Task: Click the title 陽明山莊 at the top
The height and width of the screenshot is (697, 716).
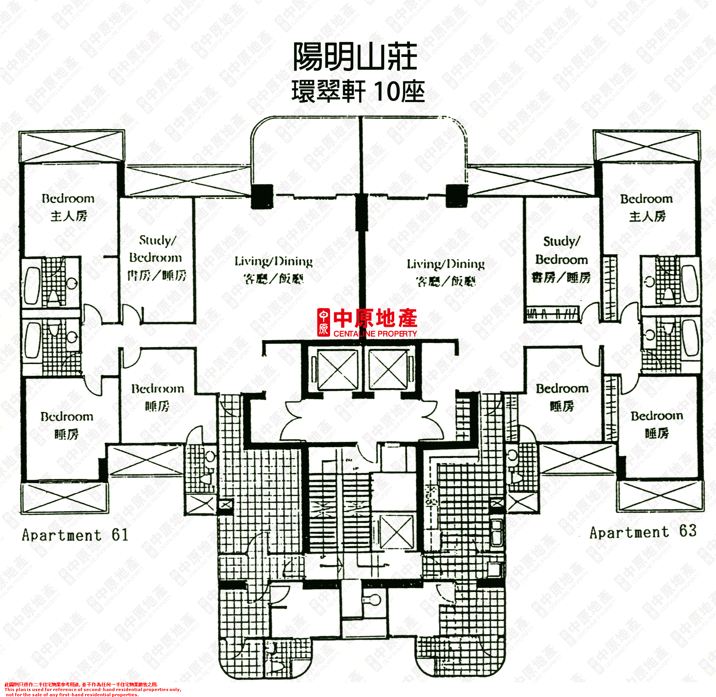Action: pos(355,57)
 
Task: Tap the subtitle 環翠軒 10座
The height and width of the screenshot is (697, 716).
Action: pos(358,92)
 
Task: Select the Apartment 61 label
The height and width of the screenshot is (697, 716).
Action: pos(75,535)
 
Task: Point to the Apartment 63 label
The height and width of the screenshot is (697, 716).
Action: pos(643,532)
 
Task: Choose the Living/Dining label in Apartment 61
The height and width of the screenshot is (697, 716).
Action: pos(273,269)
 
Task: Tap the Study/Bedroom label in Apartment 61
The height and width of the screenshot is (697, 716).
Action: pos(157,258)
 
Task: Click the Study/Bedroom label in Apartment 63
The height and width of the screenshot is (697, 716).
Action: pos(561,259)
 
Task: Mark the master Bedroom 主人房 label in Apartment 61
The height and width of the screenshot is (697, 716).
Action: pos(68,207)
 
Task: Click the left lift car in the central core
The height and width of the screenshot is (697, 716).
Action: pos(337,370)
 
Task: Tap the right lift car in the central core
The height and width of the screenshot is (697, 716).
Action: pos(388,370)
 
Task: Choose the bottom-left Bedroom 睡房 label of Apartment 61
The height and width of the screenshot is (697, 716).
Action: pos(67,425)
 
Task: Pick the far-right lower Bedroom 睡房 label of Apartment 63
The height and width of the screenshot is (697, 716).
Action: pos(657,424)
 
